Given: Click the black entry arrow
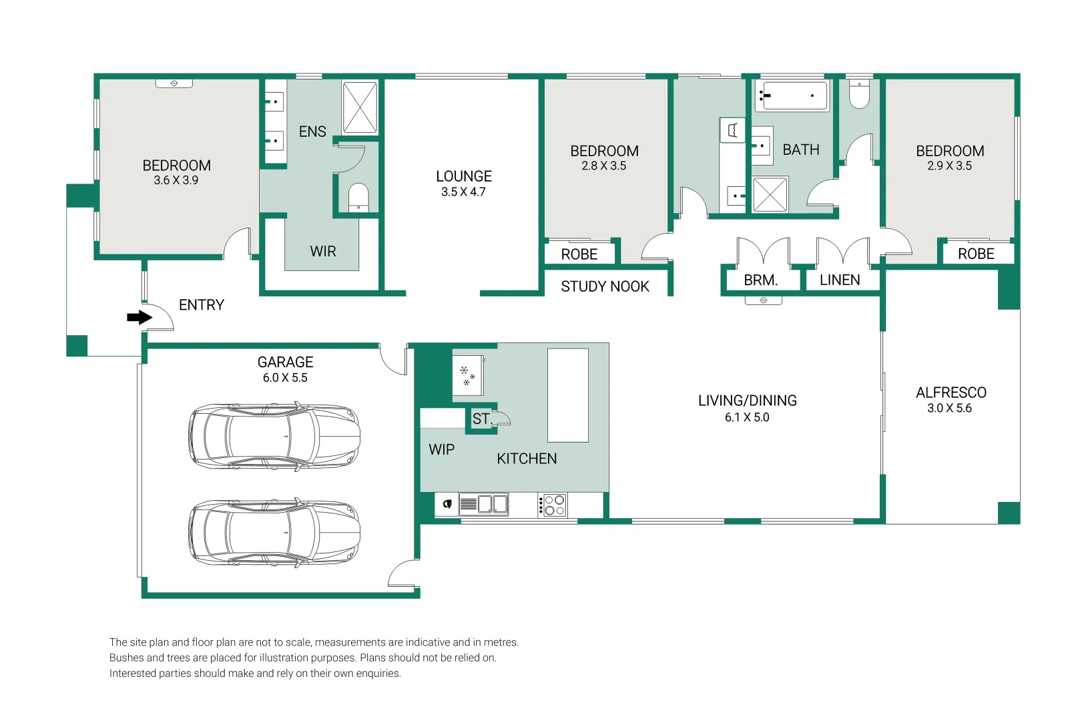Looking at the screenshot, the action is (140, 317).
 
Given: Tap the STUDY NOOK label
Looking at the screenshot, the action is (605, 286).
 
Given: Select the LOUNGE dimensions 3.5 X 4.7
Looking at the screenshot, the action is (463, 192).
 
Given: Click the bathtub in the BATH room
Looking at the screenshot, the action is (792, 95).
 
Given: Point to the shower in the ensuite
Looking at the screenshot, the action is (360, 107).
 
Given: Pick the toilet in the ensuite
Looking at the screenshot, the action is (358, 197).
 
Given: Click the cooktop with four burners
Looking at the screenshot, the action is (553, 505).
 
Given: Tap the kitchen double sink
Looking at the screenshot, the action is (483, 505).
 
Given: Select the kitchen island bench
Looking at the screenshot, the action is (568, 395).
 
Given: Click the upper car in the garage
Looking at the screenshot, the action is (274, 437).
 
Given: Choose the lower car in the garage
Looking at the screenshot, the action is (274, 533).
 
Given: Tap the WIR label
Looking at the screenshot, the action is (322, 251).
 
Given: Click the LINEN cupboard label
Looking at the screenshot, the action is (840, 280).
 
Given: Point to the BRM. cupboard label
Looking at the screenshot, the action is (760, 280).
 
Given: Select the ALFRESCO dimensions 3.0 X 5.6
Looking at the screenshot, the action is (949, 409).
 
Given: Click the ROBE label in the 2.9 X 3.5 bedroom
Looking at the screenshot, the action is (976, 254).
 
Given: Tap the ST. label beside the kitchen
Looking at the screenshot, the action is (481, 419).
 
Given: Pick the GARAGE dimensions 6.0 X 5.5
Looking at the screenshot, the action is (285, 378).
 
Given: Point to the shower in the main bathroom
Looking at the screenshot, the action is (770, 195).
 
